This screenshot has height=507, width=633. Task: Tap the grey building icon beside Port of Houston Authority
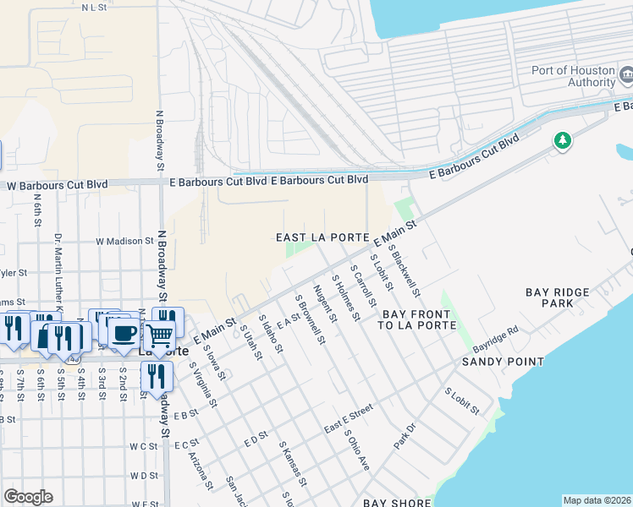pos(627,76)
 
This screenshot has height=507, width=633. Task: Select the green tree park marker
pos(562,141)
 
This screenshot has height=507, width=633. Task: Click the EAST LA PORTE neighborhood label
pos(322,237)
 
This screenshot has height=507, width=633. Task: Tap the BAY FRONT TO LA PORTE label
pos(418,319)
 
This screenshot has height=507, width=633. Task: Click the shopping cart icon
pos(160,336)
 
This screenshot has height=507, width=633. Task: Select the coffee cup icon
pos(124,331)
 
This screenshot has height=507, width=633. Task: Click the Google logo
pos(28,497)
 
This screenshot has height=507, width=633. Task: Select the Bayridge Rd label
pos(494,340)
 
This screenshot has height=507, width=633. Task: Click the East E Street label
pos(348,419)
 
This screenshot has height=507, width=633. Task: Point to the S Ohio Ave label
pos(355,450)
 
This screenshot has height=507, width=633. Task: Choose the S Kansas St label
pos(293,464)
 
